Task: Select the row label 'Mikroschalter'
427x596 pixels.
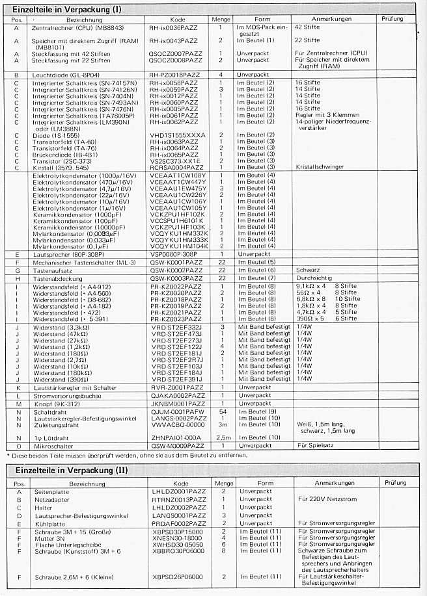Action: tap(51, 445)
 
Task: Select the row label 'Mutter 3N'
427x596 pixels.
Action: tap(46, 538)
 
